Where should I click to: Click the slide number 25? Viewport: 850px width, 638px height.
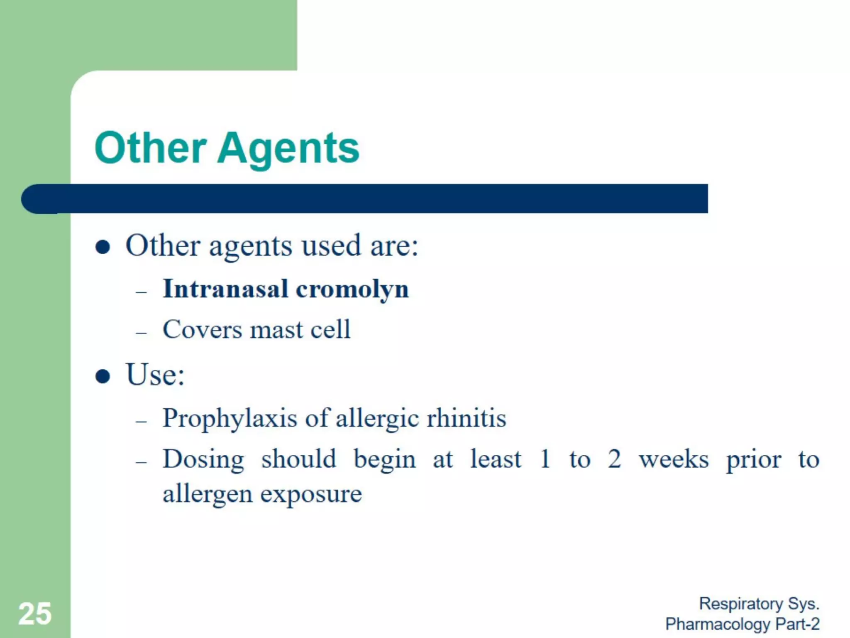35,613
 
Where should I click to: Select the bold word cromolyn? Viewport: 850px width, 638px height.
352,290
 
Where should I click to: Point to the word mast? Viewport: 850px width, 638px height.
277,330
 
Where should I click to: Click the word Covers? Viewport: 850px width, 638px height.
203,330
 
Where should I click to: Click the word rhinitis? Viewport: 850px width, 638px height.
467,418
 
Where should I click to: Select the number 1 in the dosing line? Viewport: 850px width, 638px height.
545,459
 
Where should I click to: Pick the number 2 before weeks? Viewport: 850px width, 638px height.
614,459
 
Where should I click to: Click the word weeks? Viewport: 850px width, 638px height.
674,459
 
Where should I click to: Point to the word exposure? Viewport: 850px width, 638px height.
311,494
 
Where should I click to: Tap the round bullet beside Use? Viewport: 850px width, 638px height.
103,376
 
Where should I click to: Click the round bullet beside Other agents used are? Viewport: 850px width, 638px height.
103,247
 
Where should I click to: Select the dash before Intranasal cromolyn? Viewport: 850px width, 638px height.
142,292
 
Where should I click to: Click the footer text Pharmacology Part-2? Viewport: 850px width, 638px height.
743,624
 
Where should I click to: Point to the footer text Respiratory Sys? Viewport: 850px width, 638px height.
759,604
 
